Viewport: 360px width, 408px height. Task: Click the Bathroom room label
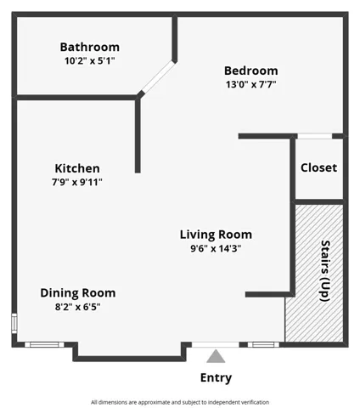point(90,47)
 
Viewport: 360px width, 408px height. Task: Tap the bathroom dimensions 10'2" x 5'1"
point(90,60)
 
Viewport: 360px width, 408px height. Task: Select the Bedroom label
point(251,71)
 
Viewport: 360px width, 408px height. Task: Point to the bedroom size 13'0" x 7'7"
point(251,84)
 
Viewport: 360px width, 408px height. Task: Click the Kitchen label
point(77,168)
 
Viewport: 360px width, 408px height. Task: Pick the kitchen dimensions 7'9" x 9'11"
point(77,182)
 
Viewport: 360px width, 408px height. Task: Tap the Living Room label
point(216,235)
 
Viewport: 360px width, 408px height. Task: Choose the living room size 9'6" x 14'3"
point(216,248)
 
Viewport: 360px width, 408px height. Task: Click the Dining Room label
point(78,293)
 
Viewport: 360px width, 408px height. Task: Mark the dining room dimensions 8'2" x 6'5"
point(78,307)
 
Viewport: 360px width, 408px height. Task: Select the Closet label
point(318,167)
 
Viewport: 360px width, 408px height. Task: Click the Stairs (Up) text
point(325,271)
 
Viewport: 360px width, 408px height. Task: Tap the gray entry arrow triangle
point(216,356)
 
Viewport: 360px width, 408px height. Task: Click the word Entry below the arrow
point(216,377)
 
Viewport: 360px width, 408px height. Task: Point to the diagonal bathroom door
point(158,77)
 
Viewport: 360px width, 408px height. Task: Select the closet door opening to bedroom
point(314,136)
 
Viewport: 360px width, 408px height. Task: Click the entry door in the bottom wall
point(216,345)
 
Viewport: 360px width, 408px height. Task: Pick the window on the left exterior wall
point(14,323)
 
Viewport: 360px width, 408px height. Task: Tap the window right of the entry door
point(263,345)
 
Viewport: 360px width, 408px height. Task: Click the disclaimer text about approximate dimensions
point(180,402)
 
